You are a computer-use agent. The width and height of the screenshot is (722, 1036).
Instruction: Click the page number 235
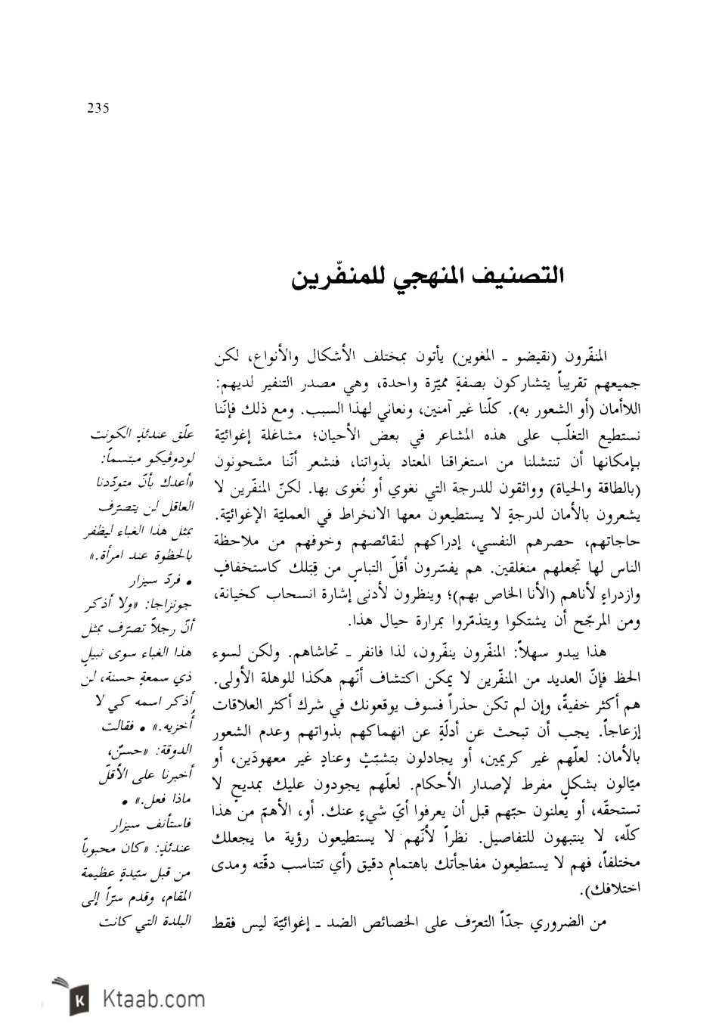[98, 108]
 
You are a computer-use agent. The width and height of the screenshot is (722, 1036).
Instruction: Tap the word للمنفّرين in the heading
[333, 276]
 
